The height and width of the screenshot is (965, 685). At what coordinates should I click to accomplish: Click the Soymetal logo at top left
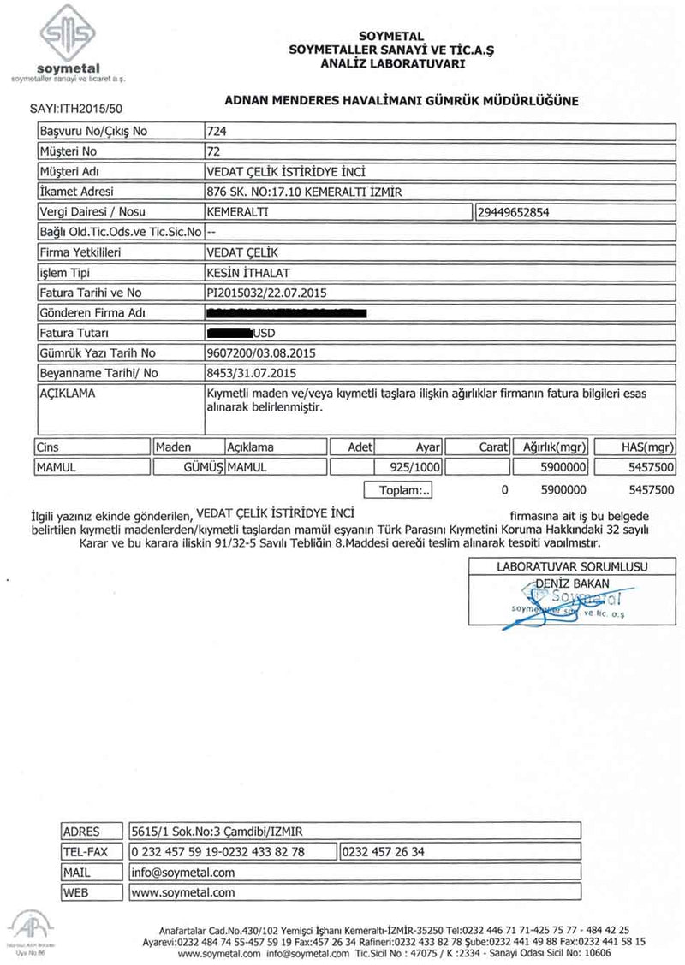(x=68, y=43)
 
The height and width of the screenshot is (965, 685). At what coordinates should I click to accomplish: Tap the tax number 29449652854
(x=523, y=211)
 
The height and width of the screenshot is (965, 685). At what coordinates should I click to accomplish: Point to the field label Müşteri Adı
(x=71, y=171)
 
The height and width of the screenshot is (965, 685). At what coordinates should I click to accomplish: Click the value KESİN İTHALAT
(x=248, y=273)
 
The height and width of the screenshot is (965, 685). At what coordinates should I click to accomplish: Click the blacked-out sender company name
(x=287, y=312)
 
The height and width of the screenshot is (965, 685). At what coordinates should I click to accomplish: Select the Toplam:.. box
(x=401, y=490)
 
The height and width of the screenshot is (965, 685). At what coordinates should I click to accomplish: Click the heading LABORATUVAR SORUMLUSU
(x=572, y=566)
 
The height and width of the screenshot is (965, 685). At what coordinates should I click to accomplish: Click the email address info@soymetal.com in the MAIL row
(x=183, y=873)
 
